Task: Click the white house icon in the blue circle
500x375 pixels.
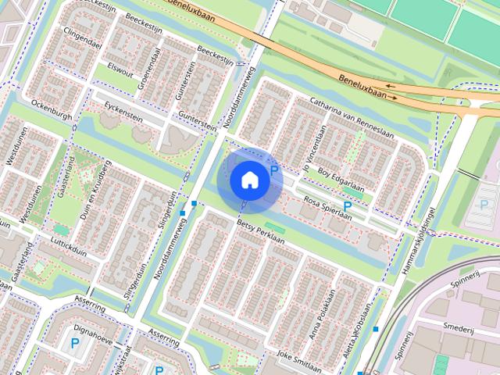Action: (x=249, y=180)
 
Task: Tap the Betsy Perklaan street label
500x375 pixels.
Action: (x=259, y=233)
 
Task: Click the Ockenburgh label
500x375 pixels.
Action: (x=52, y=114)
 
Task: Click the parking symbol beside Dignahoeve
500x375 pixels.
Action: (x=75, y=343)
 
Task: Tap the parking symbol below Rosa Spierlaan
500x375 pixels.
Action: (x=347, y=205)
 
